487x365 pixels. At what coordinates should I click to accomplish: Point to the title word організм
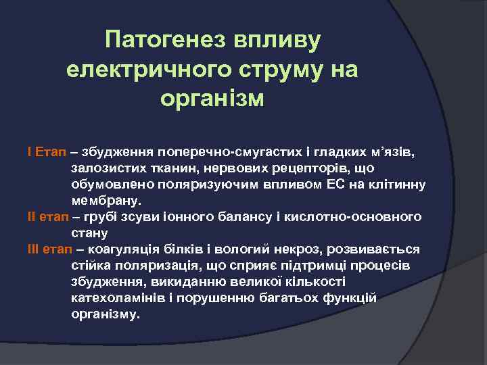tap(212, 99)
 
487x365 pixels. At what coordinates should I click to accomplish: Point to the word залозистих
tap(103, 168)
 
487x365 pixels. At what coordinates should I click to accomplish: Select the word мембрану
tap(106, 201)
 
